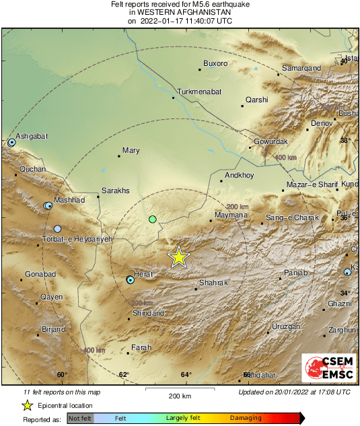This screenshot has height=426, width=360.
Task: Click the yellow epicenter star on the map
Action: [178, 257]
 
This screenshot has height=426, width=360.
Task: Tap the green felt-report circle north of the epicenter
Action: [153, 219]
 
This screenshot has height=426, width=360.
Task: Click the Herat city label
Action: [145, 274]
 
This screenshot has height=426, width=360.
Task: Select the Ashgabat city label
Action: [32, 137]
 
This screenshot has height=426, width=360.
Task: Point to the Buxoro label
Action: [215, 64]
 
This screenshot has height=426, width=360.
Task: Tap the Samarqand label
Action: [301, 69]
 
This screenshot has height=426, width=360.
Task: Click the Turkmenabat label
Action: [199, 92]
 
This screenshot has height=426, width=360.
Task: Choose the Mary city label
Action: [131, 151]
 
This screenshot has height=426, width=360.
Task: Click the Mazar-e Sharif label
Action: [311, 184]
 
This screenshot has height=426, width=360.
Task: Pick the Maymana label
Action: [231, 215]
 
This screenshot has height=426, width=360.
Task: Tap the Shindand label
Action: [149, 314]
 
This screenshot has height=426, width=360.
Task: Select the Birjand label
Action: [53, 329]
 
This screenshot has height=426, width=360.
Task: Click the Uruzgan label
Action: [285, 326]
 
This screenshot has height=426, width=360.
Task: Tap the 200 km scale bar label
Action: [180, 396]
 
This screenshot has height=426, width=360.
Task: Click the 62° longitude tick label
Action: [124, 375]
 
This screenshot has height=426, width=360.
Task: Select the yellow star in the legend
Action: [27, 405]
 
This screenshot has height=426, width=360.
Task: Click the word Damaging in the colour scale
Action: [246, 418]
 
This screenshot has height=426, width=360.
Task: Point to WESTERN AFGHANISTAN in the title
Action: [180, 12]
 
